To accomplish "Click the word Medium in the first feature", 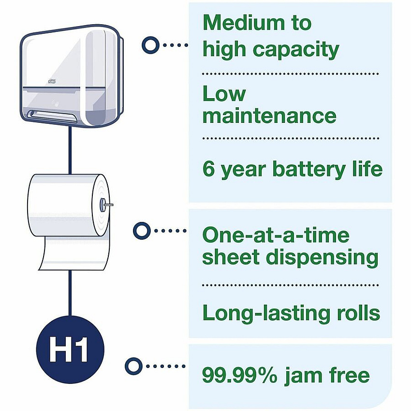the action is (x=244, y=23).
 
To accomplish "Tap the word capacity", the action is (x=296, y=50).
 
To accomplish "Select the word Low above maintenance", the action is (x=224, y=94).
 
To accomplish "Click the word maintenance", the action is (x=269, y=116).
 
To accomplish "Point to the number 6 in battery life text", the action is (x=209, y=169).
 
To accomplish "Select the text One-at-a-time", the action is (x=276, y=235).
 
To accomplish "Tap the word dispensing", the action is (x=322, y=258).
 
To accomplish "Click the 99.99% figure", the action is (x=239, y=376).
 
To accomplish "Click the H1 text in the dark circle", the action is (x=68, y=350).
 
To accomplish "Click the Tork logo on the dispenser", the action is (x=52, y=82).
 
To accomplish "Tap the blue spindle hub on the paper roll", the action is (x=103, y=205).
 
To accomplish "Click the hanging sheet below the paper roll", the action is (x=74, y=253).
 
